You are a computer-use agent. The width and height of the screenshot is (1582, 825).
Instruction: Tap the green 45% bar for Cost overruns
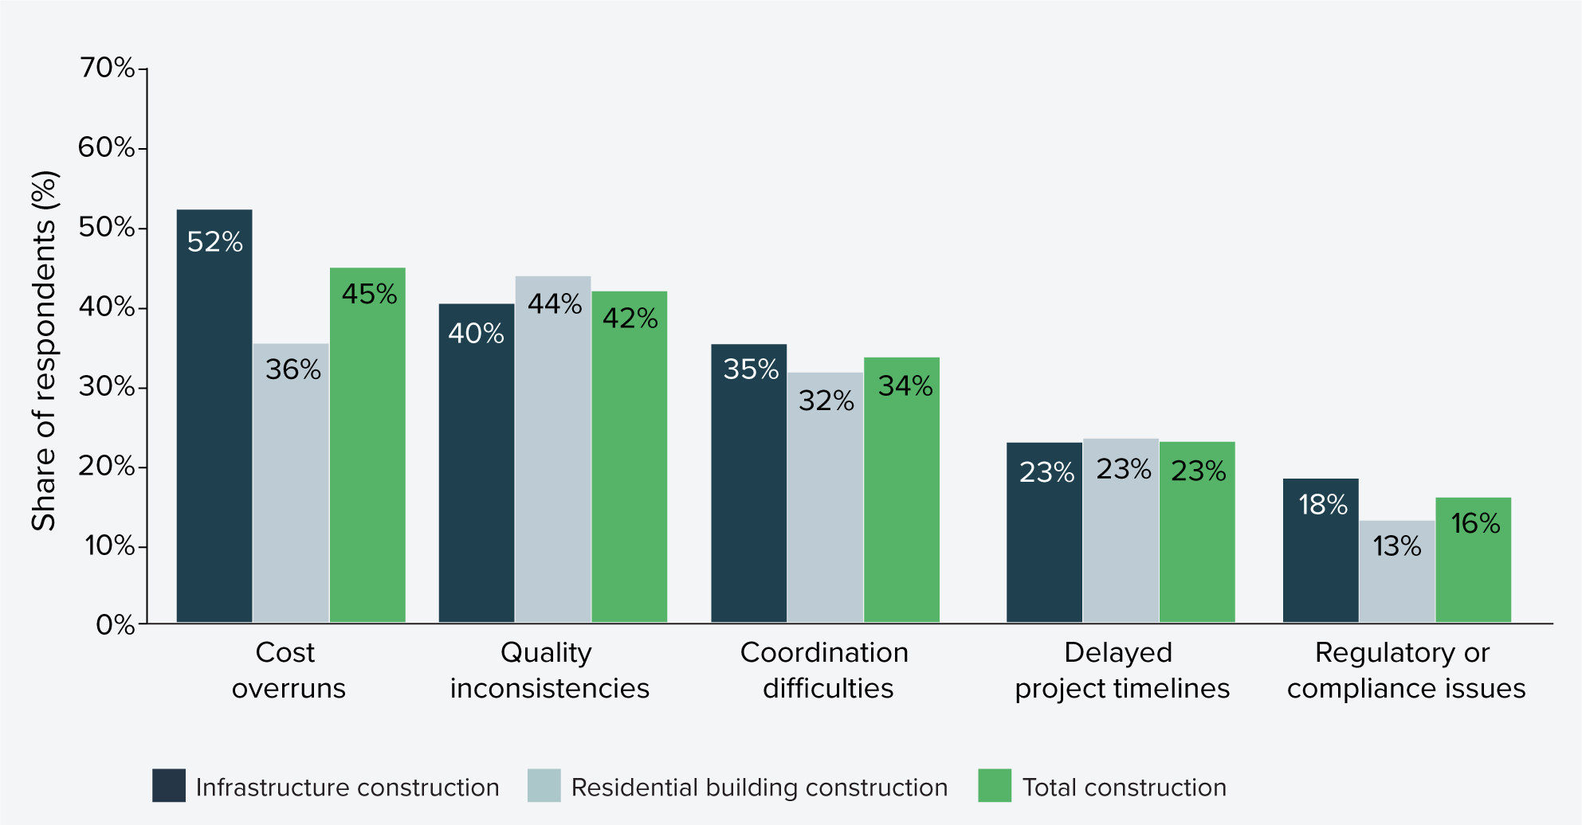click(x=367, y=445)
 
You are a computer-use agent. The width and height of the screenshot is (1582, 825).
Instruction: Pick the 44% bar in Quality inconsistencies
click(x=553, y=449)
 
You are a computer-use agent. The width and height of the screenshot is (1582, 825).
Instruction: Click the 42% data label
click(x=630, y=319)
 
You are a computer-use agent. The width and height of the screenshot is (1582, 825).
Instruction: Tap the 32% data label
click(x=826, y=401)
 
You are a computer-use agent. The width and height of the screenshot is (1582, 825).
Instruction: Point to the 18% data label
click(x=1322, y=505)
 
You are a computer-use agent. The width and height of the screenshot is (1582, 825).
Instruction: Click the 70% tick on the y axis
click(x=107, y=68)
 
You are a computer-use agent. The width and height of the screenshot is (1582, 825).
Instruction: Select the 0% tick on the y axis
click(x=116, y=624)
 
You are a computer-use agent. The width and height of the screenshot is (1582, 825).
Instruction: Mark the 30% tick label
click(x=107, y=387)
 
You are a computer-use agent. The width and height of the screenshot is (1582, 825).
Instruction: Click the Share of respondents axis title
click(x=45, y=350)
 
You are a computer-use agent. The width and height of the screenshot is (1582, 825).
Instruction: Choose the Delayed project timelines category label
click(x=1121, y=670)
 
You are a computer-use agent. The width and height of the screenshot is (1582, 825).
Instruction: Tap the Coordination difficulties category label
click(x=826, y=670)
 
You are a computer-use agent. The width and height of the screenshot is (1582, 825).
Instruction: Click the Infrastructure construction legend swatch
click(x=169, y=785)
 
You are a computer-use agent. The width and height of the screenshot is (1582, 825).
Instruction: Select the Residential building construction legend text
click(x=759, y=788)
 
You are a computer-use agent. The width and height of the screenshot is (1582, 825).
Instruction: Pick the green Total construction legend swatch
click(x=995, y=785)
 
